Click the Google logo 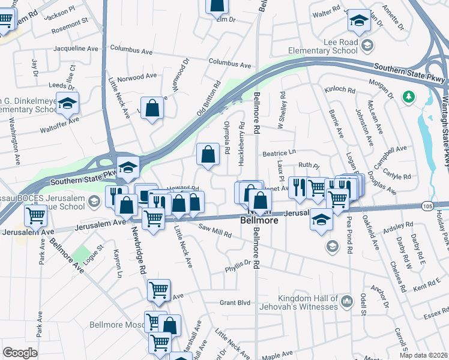(20, 353)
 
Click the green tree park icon (409, 96)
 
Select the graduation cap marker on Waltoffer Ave (68, 103)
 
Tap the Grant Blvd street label (234, 303)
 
